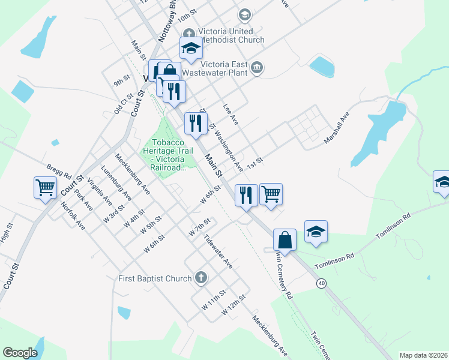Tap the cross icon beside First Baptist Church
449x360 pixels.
tap(201, 278)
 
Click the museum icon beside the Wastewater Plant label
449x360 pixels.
tap(257, 66)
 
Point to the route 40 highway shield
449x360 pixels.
tap(322, 283)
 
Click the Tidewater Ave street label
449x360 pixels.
tap(217, 251)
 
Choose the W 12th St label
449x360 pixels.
tap(234, 305)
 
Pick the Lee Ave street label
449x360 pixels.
tap(231, 113)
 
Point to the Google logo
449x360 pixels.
tap(20, 353)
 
